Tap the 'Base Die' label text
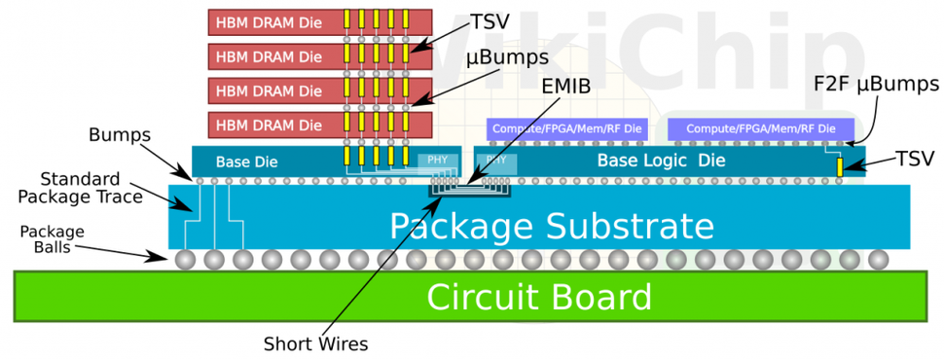tap(239, 162)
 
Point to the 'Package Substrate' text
tap(552, 226)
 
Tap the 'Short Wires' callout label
tap(315, 343)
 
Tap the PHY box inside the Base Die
tap(437, 161)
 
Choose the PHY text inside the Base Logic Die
tap(495, 159)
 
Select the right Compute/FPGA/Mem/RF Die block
tap(760, 128)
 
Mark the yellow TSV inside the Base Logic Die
tap(839, 167)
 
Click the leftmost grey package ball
tap(185, 260)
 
